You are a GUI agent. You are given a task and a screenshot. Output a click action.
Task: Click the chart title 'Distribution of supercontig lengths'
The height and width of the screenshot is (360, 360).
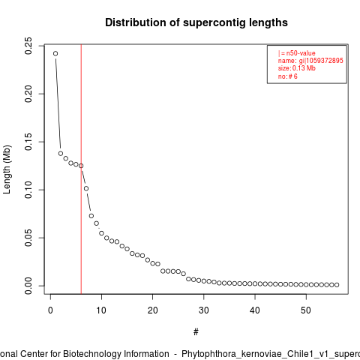click(x=196, y=22)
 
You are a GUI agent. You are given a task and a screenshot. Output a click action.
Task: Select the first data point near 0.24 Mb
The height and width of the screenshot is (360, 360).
click(x=55, y=53)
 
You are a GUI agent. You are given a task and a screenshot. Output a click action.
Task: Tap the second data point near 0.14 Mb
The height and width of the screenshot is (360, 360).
click(x=61, y=154)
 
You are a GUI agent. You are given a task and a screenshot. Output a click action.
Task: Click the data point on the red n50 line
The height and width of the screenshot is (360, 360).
click(x=81, y=166)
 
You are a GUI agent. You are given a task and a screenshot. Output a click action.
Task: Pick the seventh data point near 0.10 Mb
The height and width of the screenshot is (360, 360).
click(x=86, y=188)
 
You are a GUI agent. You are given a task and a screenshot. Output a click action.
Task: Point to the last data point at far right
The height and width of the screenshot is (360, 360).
click(x=337, y=285)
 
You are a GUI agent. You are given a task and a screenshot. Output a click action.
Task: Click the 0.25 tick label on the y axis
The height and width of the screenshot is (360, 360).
click(x=28, y=46)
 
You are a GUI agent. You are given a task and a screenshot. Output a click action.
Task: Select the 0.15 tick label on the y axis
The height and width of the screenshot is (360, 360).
click(x=28, y=142)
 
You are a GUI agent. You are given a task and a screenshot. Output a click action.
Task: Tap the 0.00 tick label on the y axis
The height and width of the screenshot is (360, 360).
click(x=28, y=286)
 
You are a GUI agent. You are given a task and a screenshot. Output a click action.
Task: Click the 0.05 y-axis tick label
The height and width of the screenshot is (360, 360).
click(x=28, y=238)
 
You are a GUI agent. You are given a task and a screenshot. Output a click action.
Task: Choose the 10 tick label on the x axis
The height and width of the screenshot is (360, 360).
click(x=101, y=310)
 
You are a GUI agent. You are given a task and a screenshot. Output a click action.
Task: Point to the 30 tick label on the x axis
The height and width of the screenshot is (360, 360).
click(x=204, y=310)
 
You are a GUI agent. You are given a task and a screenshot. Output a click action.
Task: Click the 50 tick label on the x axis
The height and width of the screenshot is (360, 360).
click(x=306, y=310)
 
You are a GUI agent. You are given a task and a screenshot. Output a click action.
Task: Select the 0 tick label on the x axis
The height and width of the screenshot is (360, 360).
click(x=50, y=310)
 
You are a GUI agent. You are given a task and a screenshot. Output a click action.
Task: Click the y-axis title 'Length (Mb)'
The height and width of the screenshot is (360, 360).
click(x=7, y=169)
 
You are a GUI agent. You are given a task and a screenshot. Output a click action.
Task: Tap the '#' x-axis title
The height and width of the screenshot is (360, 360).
click(x=196, y=332)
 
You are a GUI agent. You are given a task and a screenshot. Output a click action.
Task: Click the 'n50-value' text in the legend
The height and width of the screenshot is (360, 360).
click(x=301, y=53)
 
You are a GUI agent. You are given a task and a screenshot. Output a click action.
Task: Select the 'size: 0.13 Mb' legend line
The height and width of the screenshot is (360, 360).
click(x=297, y=68)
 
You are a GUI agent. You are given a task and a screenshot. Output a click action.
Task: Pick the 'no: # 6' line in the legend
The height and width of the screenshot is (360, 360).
click(x=288, y=76)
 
